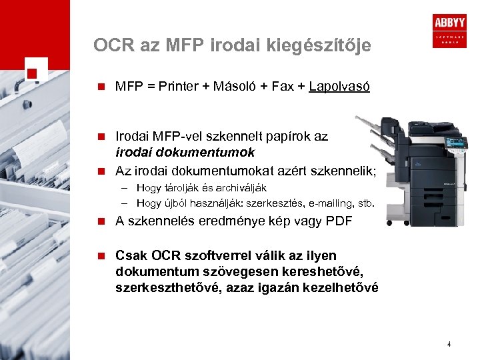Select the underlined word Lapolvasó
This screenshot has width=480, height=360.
point(340,87)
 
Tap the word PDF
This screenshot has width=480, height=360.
point(341,222)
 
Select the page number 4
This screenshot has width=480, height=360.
point(449,345)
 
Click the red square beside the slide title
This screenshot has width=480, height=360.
point(33,72)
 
